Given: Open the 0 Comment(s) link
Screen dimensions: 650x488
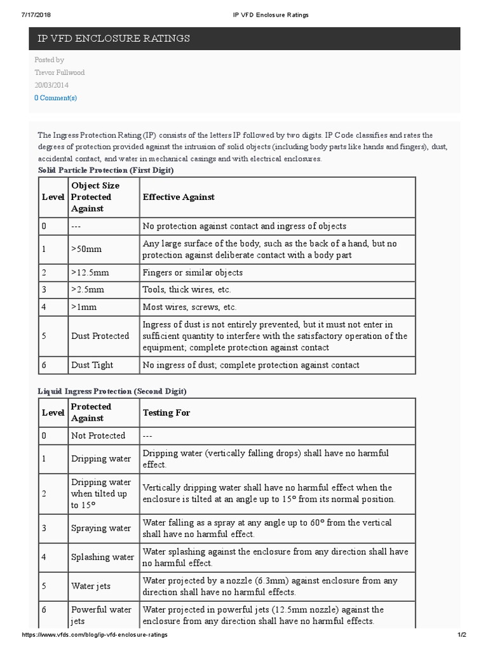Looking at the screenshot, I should (x=55, y=98).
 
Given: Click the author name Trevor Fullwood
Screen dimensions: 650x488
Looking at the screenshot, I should (x=59, y=72).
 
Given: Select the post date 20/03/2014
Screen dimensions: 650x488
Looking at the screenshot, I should (x=51, y=85).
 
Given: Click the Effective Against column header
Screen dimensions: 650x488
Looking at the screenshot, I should (x=179, y=197).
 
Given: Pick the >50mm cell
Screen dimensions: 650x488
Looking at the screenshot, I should (x=86, y=249).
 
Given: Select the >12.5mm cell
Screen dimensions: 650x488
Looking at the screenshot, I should (x=90, y=273).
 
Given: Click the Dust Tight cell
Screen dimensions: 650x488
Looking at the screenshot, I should (x=92, y=365).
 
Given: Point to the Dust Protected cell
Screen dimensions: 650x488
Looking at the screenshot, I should (x=100, y=336).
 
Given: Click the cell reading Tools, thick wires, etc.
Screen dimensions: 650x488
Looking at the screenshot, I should (x=187, y=290).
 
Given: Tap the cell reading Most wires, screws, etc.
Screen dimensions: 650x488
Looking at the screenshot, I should (x=189, y=307).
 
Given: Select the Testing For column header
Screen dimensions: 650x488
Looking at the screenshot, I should (x=166, y=413).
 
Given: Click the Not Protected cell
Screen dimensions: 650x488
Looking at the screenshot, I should (x=98, y=435).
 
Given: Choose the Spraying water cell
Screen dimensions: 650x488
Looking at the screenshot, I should (x=101, y=528).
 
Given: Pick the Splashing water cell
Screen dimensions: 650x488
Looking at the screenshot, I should (x=102, y=557).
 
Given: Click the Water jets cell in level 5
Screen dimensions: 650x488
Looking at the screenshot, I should (x=91, y=587).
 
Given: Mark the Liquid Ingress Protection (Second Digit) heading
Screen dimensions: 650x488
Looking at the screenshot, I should (x=112, y=391).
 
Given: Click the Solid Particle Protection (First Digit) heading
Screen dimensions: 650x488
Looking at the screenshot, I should (x=105, y=170).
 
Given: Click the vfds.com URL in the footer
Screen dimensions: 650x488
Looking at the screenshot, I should (x=95, y=635).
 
